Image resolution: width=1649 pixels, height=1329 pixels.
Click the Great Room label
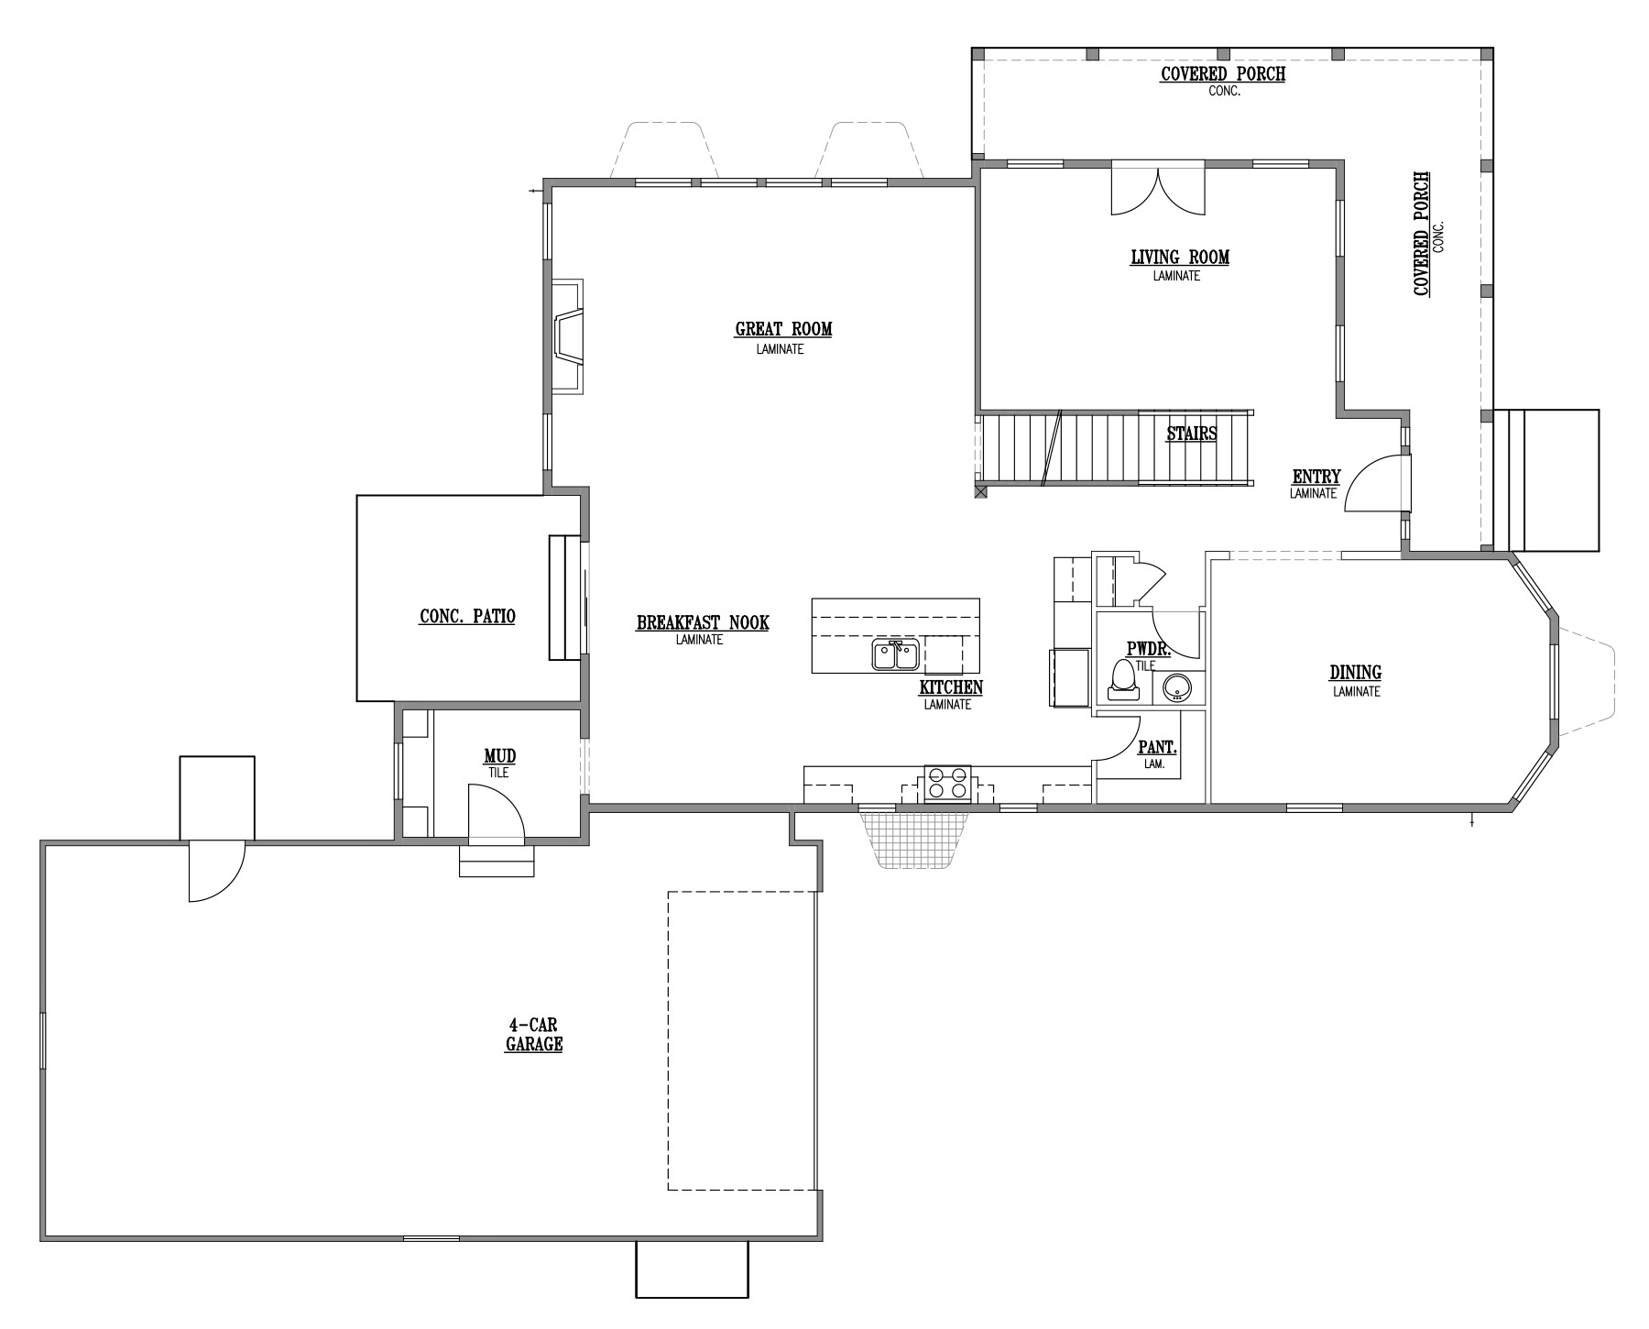[783, 329]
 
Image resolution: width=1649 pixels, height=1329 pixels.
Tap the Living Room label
[1180, 258]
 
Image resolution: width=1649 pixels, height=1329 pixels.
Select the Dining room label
[1356, 674]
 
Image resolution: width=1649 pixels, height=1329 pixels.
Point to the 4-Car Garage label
[533, 1035]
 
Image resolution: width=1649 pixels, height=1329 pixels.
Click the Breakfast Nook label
[703, 623]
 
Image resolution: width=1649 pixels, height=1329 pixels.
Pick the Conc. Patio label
[467, 617]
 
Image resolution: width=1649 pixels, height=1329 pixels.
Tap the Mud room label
[499, 756]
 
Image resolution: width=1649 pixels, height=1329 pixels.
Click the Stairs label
[1191, 434]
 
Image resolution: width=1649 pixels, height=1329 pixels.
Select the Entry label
[1316, 477]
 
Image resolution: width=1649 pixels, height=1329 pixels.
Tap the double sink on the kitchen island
[895, 654]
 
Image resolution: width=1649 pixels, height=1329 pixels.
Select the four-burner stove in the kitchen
[947, 785]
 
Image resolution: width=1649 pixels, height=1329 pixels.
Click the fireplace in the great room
[567, 336]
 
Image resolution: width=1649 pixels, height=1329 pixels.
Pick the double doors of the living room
[1158, 190]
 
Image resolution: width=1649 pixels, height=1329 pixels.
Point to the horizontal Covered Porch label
[1223, 74]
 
